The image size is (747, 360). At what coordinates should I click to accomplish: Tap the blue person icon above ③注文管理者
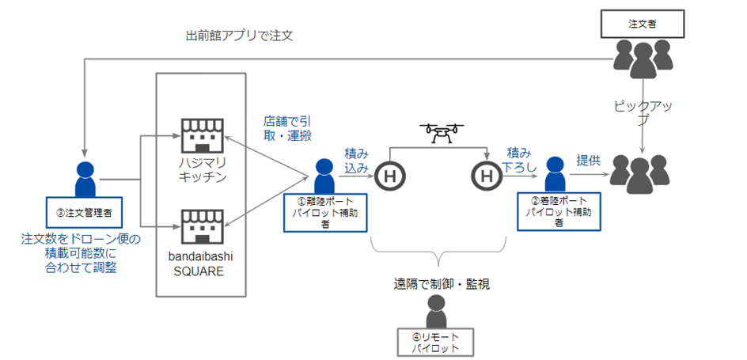[x=83, y=179]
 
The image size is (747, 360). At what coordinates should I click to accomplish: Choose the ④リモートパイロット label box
[x=435, y=342]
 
